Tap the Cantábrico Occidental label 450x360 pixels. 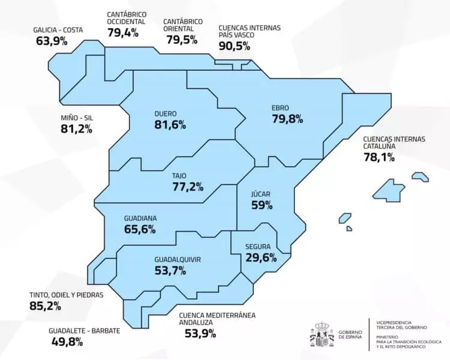pyautogui.click(x=127, y=17)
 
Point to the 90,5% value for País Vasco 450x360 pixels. pyautogui.click(x=235, y=46)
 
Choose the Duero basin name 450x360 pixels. pyautogui.click(x=165, y=113)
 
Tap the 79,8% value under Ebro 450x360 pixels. pyautogui.click(x=287, y=119)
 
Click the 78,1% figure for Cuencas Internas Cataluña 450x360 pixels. pyautogui.click(x=379, y=157)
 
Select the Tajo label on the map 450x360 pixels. pyautogui.click(x=179, y=176)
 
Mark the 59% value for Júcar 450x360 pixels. pyautogui.click(x=262, y=205)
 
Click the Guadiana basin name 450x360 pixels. pyautogui.click(x=140, y=218)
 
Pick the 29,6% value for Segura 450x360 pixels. pyautogui.click(x=261, y=257)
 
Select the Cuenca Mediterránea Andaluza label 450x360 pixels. pyautogui.click(x=217, y=318)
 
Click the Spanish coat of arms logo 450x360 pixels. pyautogui.click(x=321, y=334)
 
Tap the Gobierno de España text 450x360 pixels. pyautogui.click(x=349, y=334)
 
